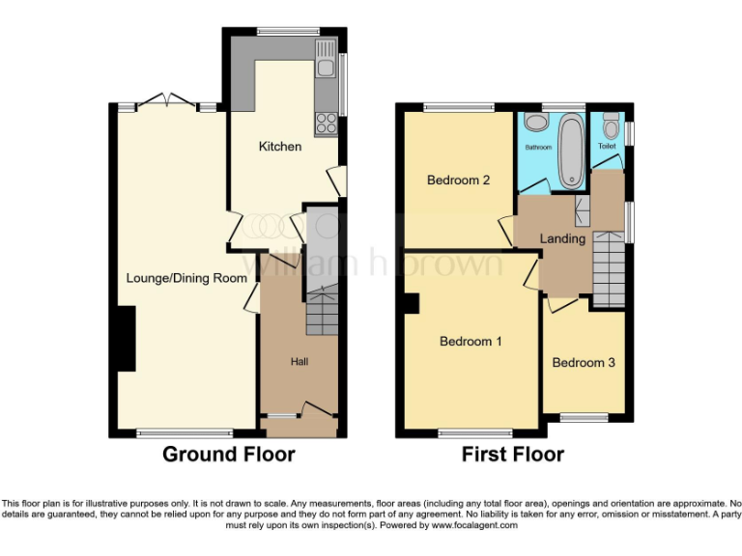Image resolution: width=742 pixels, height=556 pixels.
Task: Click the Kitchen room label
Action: coord(279,147)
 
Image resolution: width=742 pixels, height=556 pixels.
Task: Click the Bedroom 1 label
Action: coord(471,341)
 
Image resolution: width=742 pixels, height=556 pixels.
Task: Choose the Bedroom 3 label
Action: coord(584,363)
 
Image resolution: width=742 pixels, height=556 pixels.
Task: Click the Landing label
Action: coord(562,238)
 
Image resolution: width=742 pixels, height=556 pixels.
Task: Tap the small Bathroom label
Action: coord(538,148)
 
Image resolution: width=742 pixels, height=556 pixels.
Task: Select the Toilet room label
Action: coord(607,146)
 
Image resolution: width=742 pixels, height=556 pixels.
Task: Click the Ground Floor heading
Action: coord(228,454)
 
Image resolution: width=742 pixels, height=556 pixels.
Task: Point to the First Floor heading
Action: coord(512,454)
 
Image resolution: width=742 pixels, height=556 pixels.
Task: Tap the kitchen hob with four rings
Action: coord(326,124)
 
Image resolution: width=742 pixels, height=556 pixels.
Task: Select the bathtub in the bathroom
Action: coord(571,147)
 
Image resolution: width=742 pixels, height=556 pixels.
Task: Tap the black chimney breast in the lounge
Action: coord(125,338)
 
